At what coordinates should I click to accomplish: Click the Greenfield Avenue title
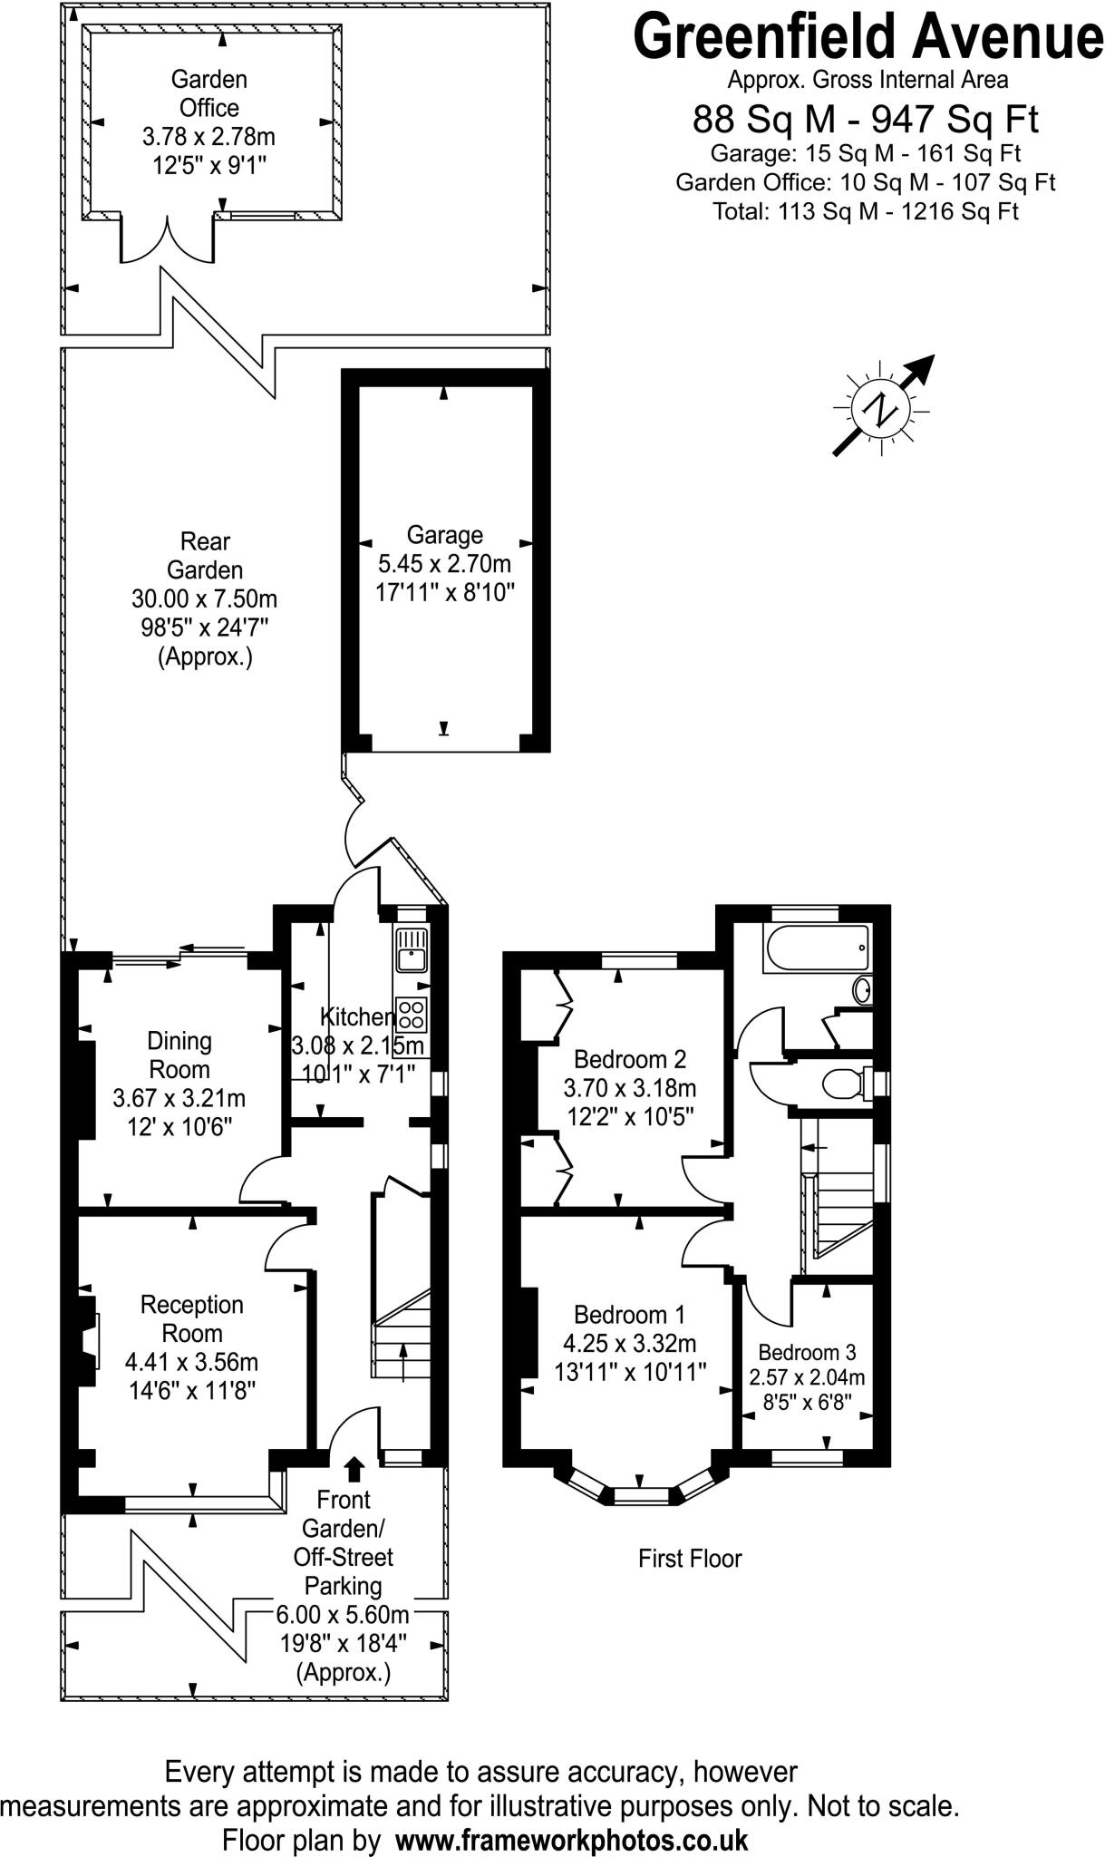pyautogui.click(x=868, y=38)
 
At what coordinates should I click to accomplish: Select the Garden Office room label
pyautogui.click(x=208, y=93)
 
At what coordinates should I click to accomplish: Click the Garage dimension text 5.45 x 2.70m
pyautogui.click(x=444, y=564)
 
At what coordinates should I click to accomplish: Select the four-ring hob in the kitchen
pyautogui.click(x=412, y=1013)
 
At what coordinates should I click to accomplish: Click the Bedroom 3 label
pyautogui.click(x=807, y=1352)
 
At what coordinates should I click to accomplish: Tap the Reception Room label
pyautogui.click(x=192, y=1318)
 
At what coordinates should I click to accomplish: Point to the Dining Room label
pyautogui.click(x=179, y=1055)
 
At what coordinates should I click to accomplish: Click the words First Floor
pyautogui.click(x=690, y=1559)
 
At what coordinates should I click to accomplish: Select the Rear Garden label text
pyautogui.click(x=205, y=556)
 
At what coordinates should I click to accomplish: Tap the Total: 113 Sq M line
pyautogui.click(x=866, y=211)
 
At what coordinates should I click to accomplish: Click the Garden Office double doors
pyautogui.click(x=168, y=240)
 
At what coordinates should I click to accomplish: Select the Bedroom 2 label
pyautogui.click(x=630, y=1058)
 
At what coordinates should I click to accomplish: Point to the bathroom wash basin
pyautogui.click(x=863, y=989)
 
